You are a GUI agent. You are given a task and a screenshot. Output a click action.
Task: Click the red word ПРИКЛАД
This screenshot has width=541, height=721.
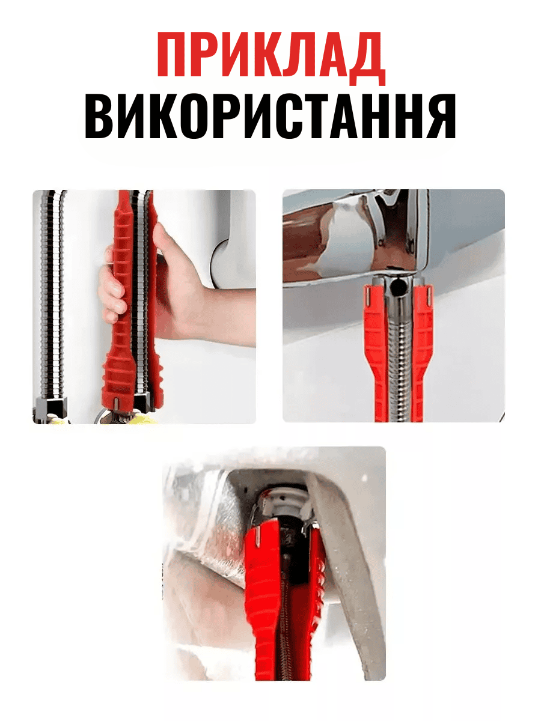pos(270,56)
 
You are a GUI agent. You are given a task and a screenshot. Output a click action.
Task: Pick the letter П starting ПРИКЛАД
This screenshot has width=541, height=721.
pos(174,56)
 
